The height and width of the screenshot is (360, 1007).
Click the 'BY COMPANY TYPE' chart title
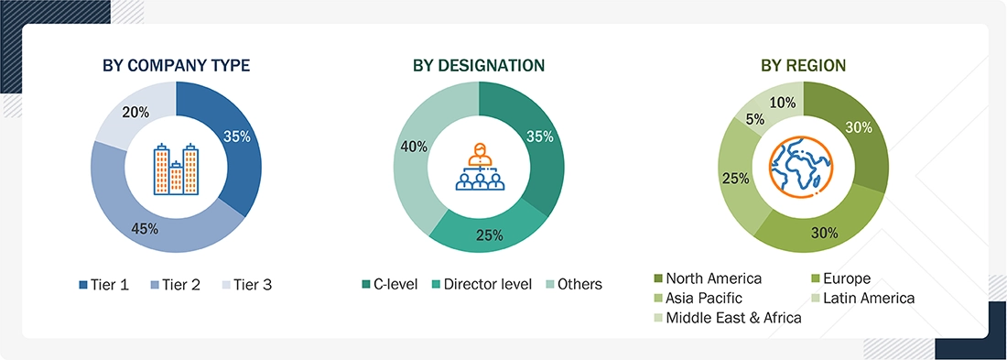[176, 65]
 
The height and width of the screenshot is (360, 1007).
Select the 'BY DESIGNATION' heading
[478, 65]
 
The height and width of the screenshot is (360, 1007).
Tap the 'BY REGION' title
[803, 65]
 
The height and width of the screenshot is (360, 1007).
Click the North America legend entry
[709, 278]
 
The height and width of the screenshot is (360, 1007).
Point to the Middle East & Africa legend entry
[728, 317]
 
